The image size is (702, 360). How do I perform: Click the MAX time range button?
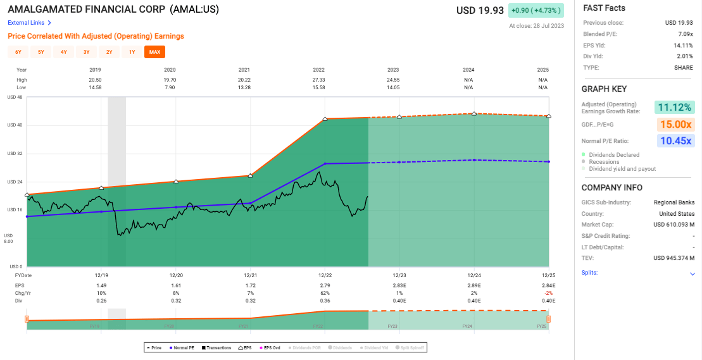click(x=154, y=52)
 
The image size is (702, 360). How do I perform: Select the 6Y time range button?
click(x=18, y=52)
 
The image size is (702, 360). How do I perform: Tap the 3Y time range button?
click(x=86, y=52)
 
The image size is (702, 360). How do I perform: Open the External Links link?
click(x=29, y=23)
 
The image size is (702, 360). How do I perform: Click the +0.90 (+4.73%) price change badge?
click(x=536, y=10)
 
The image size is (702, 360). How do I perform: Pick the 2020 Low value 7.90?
click(x=169, y=87)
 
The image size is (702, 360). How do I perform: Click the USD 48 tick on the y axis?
click(x=15, y=97)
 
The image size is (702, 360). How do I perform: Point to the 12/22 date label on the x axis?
click(x=325, y=275)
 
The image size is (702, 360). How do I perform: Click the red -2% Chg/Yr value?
click(x=545, y=293)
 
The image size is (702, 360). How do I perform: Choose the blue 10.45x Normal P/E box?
click(x=675, y=141)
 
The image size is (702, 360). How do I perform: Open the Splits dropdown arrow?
click(x=692, y=274)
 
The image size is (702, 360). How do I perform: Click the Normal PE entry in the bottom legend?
click(x=184, y=347)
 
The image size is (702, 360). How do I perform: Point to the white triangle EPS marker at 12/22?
click(x=325, y=119)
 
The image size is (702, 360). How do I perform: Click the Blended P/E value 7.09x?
click(x=685, y=34)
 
